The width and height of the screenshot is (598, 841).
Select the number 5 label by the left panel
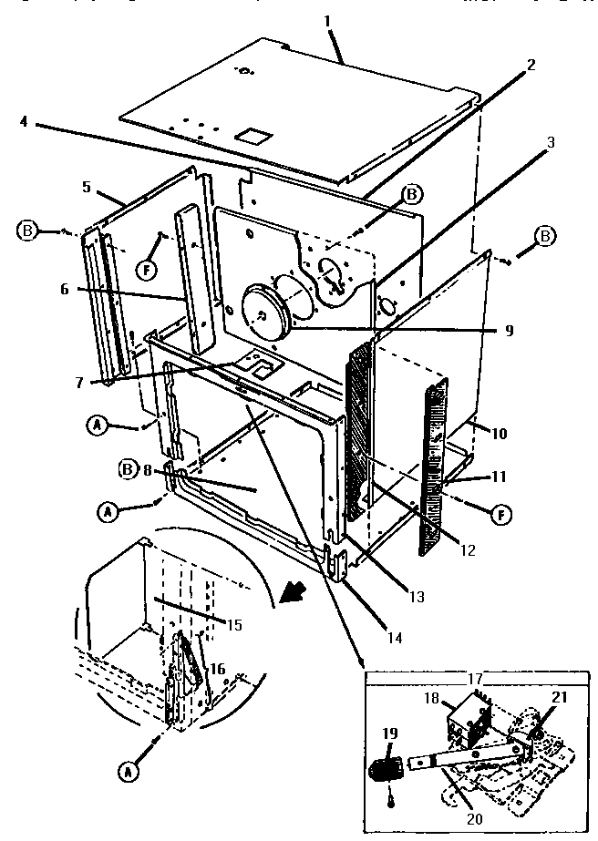(x=88, y=187)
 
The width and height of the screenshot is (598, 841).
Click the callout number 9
(x=508, y=332)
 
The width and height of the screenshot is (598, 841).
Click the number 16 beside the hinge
(x=217, y=669)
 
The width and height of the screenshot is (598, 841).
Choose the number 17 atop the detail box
(x=475, y=679)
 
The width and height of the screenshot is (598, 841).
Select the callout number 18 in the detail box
(x=432, y=699)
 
